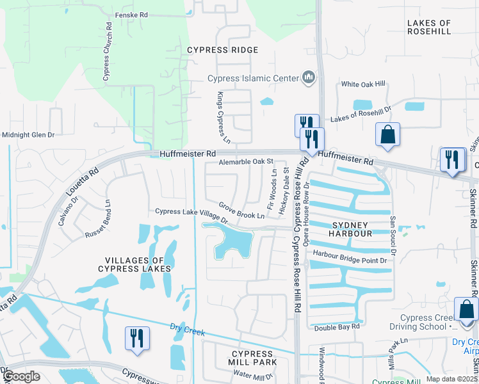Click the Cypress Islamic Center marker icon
pyautogui.click(x=309, y=78)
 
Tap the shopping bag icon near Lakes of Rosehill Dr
pyautogui.click(x=387, y=134)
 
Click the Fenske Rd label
pyautogui.click(x=131, y=15)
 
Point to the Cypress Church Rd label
pyautogui.click(x=107, y=53)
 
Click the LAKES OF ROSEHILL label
pyautogui.click(x=429, y=27)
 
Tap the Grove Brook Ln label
pyautogui.click(x=241, y=211)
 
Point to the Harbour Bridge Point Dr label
pyautogui.click(x=351, y=260)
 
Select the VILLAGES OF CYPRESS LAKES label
pyautogui.click(x=139, y=264)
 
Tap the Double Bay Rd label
pyautogui.click(x=337, y=328)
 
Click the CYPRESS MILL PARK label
pyautogui.click(x=255, y=358)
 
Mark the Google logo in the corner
pyautogui.click(x=22, y=376)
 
